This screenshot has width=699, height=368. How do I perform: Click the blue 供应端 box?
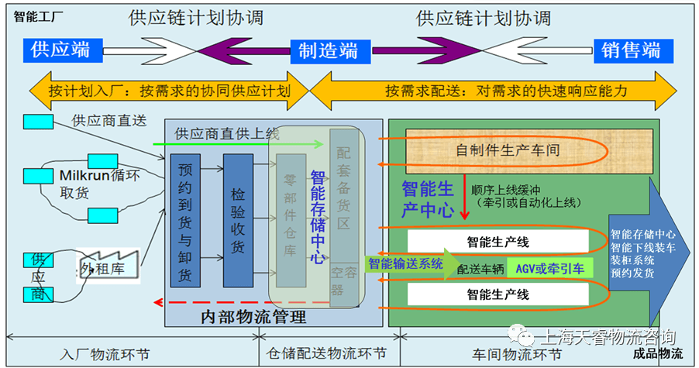tap(60, 51)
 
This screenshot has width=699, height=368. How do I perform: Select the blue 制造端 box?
tap(329, 52)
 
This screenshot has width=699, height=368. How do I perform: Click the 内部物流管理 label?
tap(252, 316)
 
